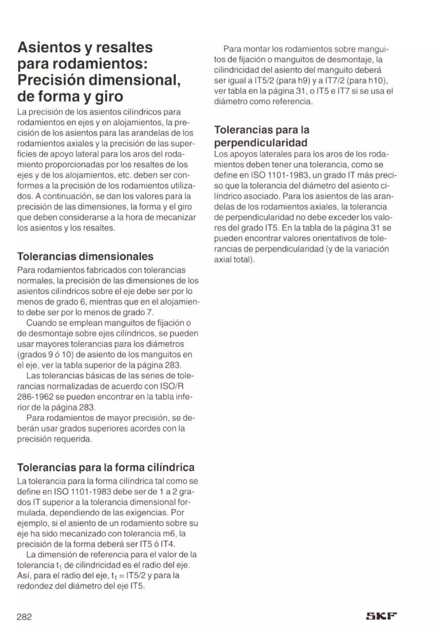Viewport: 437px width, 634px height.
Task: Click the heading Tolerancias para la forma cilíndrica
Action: coord(106,467)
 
